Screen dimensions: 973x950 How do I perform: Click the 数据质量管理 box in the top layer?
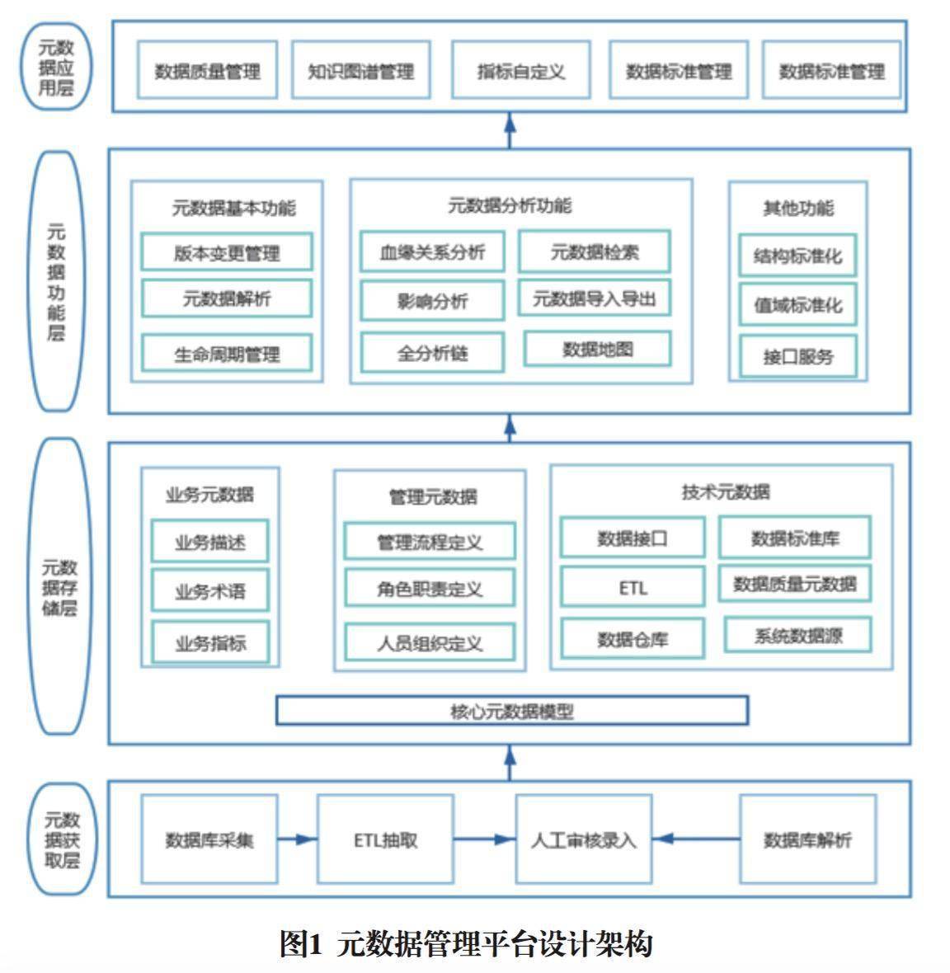[x=207, y=71]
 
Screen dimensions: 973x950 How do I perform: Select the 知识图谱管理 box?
[x=360, y=71]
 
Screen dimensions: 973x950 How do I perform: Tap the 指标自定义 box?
[x=520, y=71]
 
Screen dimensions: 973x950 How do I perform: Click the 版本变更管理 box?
[x=227, y=252]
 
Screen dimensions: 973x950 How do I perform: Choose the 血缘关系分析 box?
[x=432, y=252]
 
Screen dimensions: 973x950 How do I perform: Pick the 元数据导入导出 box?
[x=594, y=298]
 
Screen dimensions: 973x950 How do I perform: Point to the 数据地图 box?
[x=597, y=350]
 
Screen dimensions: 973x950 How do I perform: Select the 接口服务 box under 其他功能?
[x=797, y=356]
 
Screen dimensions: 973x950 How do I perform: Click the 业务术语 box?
[x=209, y=590]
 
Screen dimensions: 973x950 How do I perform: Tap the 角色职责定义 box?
[x=430, y=589]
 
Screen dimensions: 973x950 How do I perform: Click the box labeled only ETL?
[x=633, y=587]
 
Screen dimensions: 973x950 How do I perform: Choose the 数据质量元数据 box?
[x=795, y=584]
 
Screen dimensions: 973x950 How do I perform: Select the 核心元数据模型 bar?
[x=511, y=711]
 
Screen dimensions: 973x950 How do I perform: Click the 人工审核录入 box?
[x=583, y=839]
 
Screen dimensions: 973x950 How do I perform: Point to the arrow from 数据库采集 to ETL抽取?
[x=298, y=839]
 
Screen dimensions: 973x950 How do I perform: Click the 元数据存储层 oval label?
[x=59, y=587]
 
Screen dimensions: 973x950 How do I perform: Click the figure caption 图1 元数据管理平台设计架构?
[x=466, y=943]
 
